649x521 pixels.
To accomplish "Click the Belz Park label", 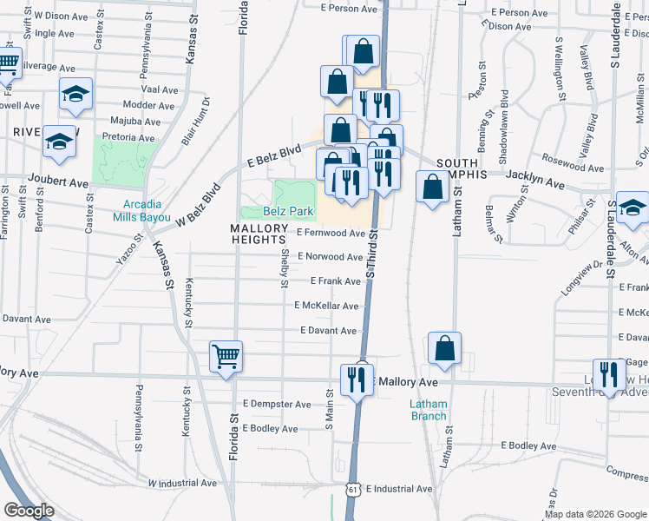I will point(288,211).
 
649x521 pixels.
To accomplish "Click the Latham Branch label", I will point(429,409).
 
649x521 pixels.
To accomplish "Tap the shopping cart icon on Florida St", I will point(226,356).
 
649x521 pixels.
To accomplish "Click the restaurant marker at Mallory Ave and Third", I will point(357,379).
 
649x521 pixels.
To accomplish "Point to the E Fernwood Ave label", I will point(331,233).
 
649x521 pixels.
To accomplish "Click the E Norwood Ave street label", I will point(330,257).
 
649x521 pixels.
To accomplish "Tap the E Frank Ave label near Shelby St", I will point(336,281).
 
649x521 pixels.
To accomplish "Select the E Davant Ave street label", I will point(329,331).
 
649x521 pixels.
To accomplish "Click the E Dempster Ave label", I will point(277,404).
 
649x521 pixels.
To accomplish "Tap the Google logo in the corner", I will point(29,511).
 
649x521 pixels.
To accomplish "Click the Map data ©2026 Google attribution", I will point(595,514).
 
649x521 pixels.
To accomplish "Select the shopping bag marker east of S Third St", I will point(432,187).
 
